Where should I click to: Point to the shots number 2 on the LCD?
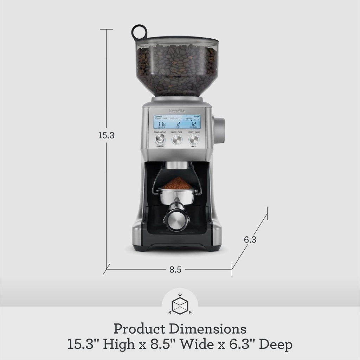click(178, 124)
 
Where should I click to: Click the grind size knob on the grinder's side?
click(219, 130)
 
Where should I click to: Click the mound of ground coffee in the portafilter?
click(178, 183)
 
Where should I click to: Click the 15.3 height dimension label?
click(106, 135)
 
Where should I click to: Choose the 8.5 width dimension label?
click(175, 270)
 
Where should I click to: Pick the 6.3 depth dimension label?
click(250, 240)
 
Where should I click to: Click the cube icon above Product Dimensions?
click(180, 304)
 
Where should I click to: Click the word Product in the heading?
click(139, 329)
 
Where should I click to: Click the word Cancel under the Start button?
click(194, 146)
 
